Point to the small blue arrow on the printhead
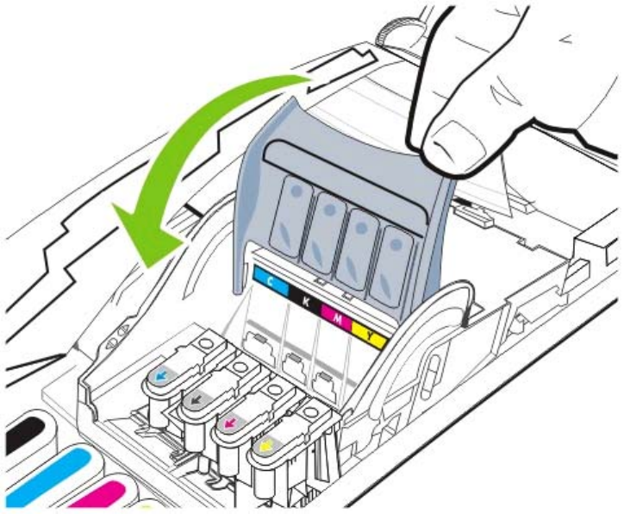[x=160, y=376]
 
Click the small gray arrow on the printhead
[x=197, y=399]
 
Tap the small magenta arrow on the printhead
[x=231, y=423]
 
